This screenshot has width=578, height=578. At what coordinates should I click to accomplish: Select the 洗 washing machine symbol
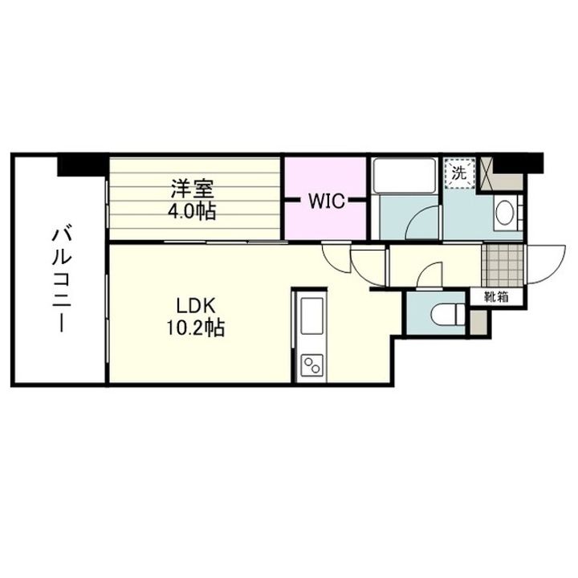coord(458,172)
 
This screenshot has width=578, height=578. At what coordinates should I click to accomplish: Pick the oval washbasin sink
coord(506,214)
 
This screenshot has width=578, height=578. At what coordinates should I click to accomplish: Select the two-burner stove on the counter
coord(311,368)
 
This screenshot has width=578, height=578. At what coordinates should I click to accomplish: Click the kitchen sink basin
coord(311,309)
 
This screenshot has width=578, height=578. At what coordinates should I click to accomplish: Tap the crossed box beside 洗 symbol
coord(484,171)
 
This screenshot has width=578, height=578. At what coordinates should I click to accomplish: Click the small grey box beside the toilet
coord(478,322)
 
